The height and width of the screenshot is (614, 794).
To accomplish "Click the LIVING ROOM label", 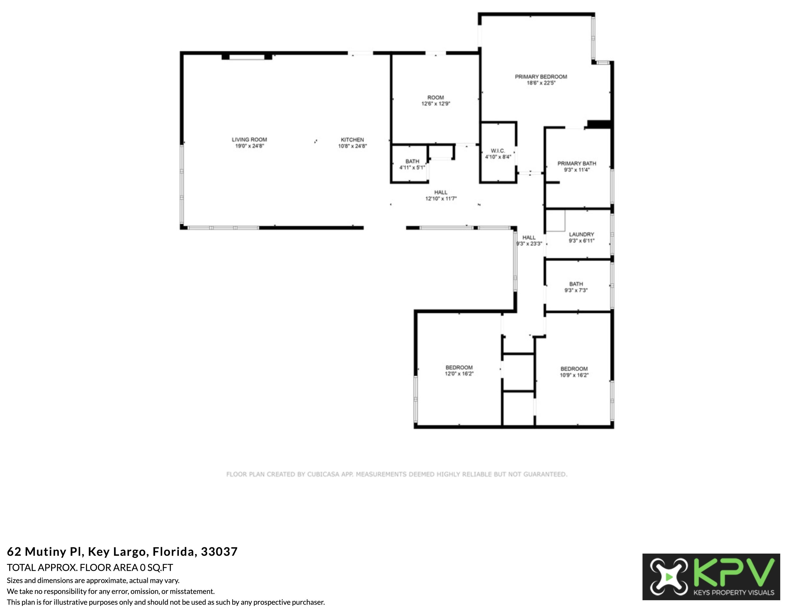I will click(249, 139).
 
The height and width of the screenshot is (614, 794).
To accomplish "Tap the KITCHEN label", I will click(352, 140).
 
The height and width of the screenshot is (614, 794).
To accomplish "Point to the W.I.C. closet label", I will click(498, 151).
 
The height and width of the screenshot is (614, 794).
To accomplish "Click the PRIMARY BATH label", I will click(577, 164).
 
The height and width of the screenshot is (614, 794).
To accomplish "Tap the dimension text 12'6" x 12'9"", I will click(436, 104).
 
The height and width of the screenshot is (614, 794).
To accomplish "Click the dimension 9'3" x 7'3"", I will click(576, 290).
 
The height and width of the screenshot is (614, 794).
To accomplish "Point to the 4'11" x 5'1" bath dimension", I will click(412, 167).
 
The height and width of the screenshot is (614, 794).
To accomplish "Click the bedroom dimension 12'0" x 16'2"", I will click(459, 373).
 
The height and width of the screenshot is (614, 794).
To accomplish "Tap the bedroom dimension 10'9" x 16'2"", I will click(574, 375).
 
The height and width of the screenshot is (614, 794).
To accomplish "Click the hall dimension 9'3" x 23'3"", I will click(529, 244).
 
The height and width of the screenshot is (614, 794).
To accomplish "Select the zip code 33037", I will click(219, 552).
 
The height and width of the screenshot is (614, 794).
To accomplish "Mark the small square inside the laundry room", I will click(556, 221).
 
